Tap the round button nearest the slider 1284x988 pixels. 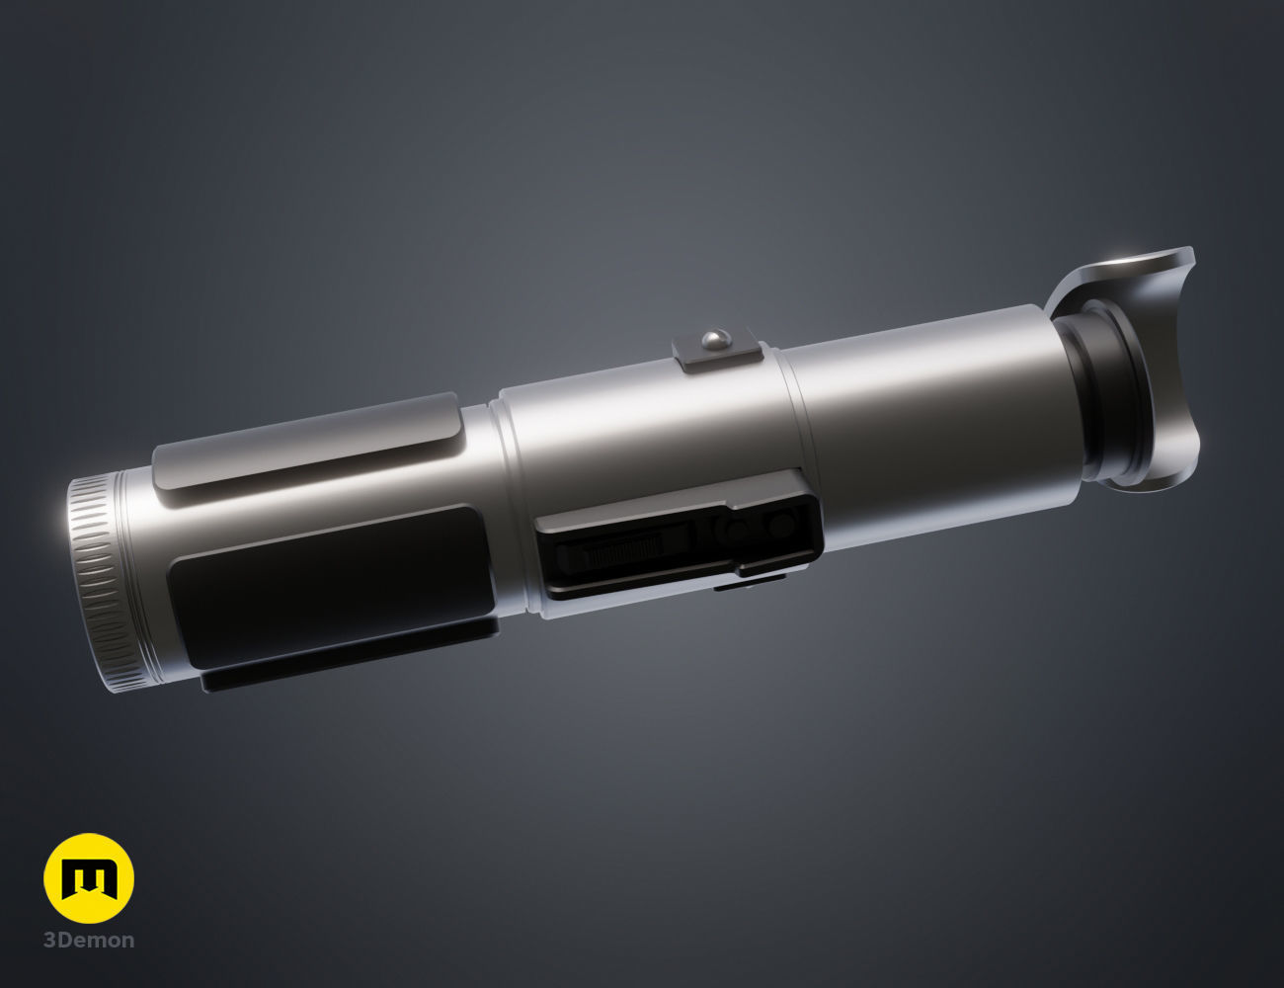tap(736, 531)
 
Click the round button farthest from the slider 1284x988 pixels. tap(781, 524)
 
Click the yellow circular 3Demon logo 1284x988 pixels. tap(89, 878)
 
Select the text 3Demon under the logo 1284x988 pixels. tap(89, 940)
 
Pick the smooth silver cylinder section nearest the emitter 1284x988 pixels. tap(938, 415)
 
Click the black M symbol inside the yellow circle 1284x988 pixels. tap(89, 878)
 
